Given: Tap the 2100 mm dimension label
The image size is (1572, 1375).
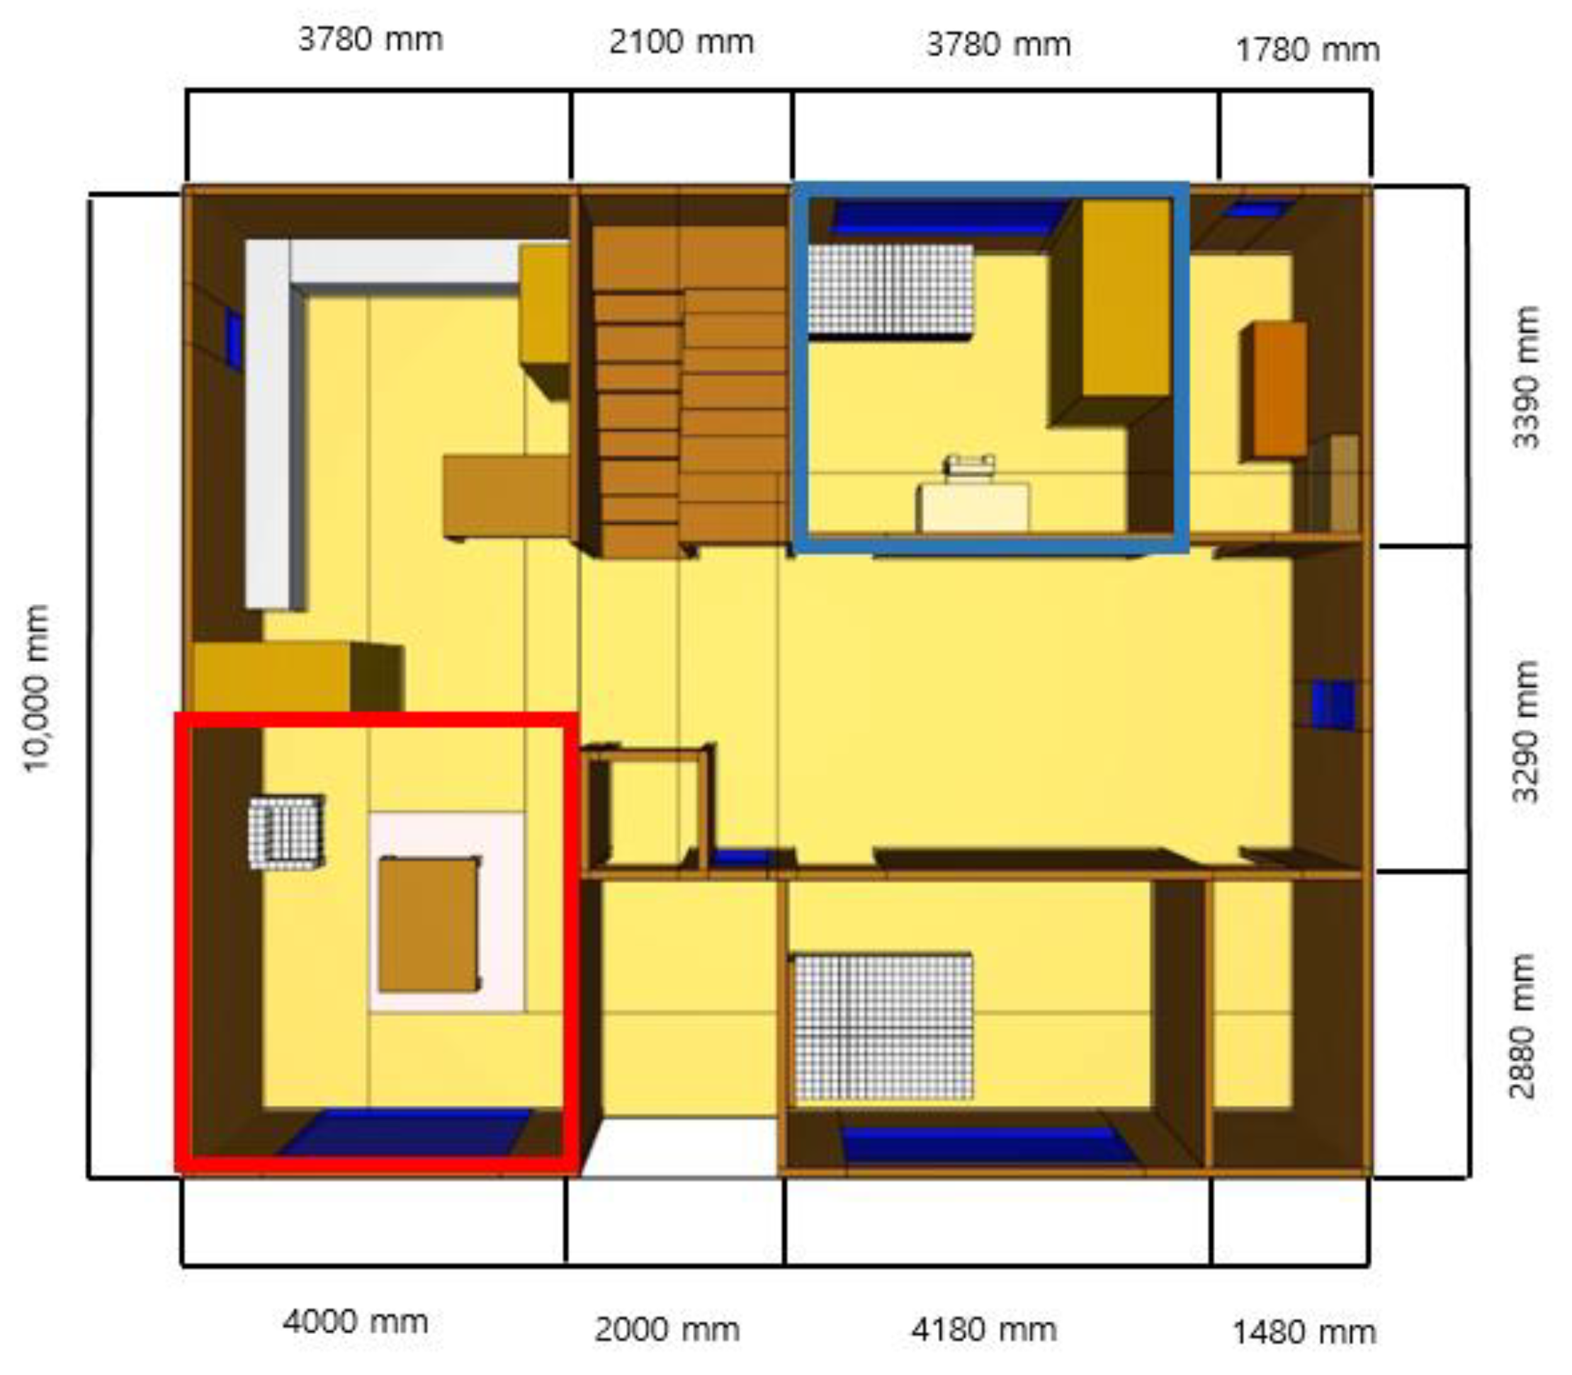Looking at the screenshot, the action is tap(682, 42).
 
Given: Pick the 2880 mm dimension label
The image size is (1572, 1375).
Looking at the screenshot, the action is tap(1521, 1027).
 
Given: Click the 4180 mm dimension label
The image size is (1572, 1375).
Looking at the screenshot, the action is tap(983, 1330).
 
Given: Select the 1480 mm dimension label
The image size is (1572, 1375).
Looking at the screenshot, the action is tap(1304, 1333).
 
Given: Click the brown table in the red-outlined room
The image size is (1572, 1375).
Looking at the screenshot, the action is tap(429, 924).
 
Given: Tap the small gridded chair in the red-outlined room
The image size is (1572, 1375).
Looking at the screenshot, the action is tap(285, 832).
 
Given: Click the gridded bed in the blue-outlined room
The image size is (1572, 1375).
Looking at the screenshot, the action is tap(890, 291).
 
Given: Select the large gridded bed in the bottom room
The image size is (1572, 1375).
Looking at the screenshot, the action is tap(883, 1027).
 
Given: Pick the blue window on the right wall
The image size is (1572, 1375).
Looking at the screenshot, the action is tap(1333, 704).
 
